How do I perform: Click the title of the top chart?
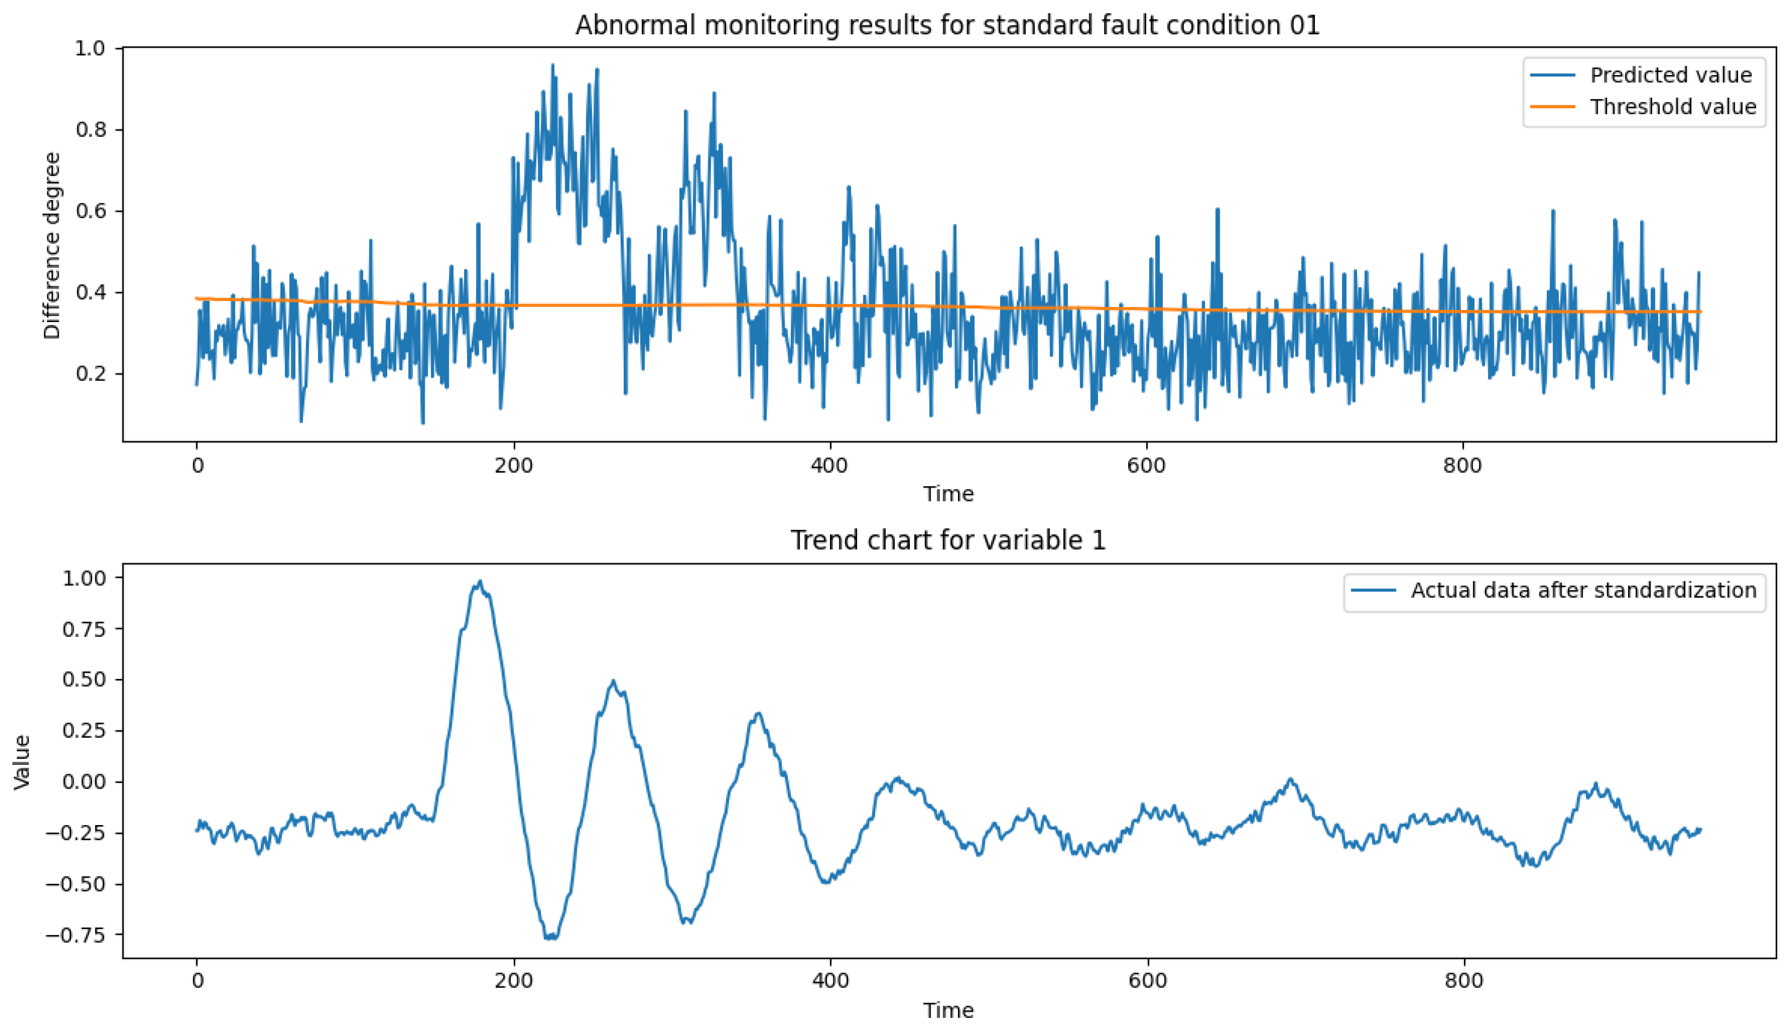click(948, 25)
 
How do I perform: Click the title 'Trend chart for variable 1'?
click(948, 541)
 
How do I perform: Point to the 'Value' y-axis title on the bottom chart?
click(23, 762)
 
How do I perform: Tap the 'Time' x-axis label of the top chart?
click(948, 494)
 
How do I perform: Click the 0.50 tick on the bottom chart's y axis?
click(84, 680)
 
